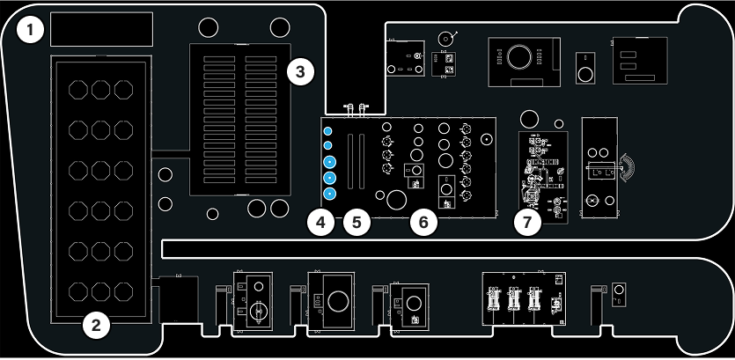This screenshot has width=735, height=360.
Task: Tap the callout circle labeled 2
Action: click(x=96, y=325)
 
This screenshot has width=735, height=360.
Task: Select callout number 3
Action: click(x=300, y=73)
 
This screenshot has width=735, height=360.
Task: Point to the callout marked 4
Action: click(x=321, y=223)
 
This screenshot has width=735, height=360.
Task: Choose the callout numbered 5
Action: click(x=356, y=223)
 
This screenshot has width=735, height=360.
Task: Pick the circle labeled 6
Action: click(x=423, y=223)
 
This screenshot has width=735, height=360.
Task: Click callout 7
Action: click(x=527, y=223)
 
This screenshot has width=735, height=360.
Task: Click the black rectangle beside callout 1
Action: click(x=102, y=29)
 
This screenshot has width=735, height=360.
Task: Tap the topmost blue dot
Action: click(x=328, y=131)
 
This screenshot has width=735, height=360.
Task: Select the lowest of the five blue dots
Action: click(x=330, y=194)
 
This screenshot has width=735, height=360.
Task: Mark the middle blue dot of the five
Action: click(x=330, y=162)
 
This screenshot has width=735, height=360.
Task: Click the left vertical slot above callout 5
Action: click(x=350, y=162)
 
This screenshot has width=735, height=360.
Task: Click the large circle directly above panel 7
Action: click(x=530, y=119)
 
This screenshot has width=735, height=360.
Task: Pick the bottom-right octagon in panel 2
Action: click(x=123, y=290)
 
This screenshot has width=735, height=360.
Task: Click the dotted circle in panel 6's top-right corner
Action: click(x=486, y=139)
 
